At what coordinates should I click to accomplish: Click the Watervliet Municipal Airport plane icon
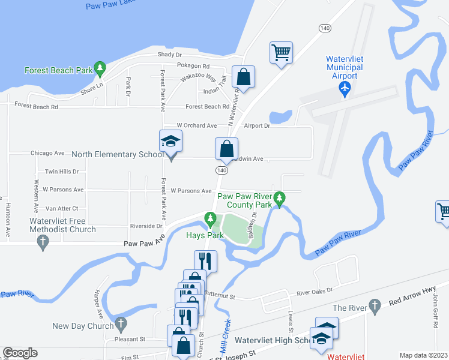(345, 88)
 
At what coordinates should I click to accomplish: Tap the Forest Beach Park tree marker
(100, 70)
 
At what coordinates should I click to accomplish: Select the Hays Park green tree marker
(209, 218)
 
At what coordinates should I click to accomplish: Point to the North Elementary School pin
(170, 142)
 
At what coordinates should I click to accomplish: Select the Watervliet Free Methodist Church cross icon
(42, 242)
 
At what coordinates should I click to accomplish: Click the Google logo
(20, 353)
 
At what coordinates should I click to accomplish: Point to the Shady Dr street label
(169, 55)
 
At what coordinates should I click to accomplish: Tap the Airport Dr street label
(258, 126)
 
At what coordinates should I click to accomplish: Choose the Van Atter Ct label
(62, 208)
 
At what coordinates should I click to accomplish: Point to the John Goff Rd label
(435, 315)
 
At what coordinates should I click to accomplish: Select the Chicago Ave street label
(47, 154)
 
